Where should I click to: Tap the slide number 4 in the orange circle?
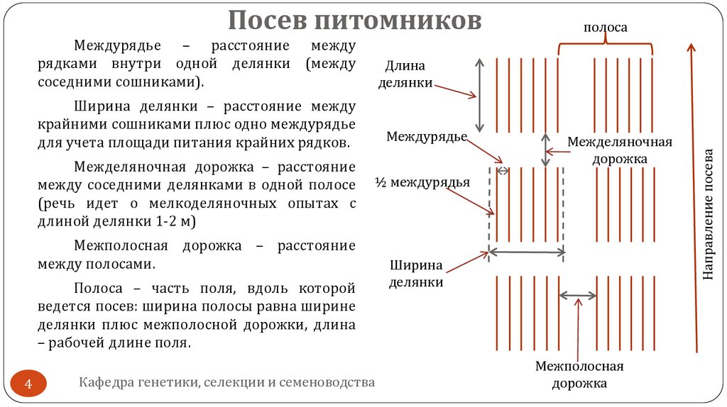click(x=29, y=385)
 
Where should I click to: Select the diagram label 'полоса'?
click(x=605, y=28)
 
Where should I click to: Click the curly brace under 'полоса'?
click(x=606, y=46)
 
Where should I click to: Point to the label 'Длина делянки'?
click(x=405, y=74)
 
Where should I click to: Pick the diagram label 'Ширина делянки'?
click(x=416, y=274)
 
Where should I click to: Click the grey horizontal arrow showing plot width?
click(x=526, y=252)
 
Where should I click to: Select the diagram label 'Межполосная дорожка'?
click(x=579, y=375)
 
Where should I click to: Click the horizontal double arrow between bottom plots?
click(x=578, y=294)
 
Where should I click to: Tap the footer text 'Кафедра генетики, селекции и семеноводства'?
click(x=226, y=383)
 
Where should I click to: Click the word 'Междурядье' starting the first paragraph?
click(x=117, y=46)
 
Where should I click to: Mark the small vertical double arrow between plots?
click(x=545, y=150)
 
